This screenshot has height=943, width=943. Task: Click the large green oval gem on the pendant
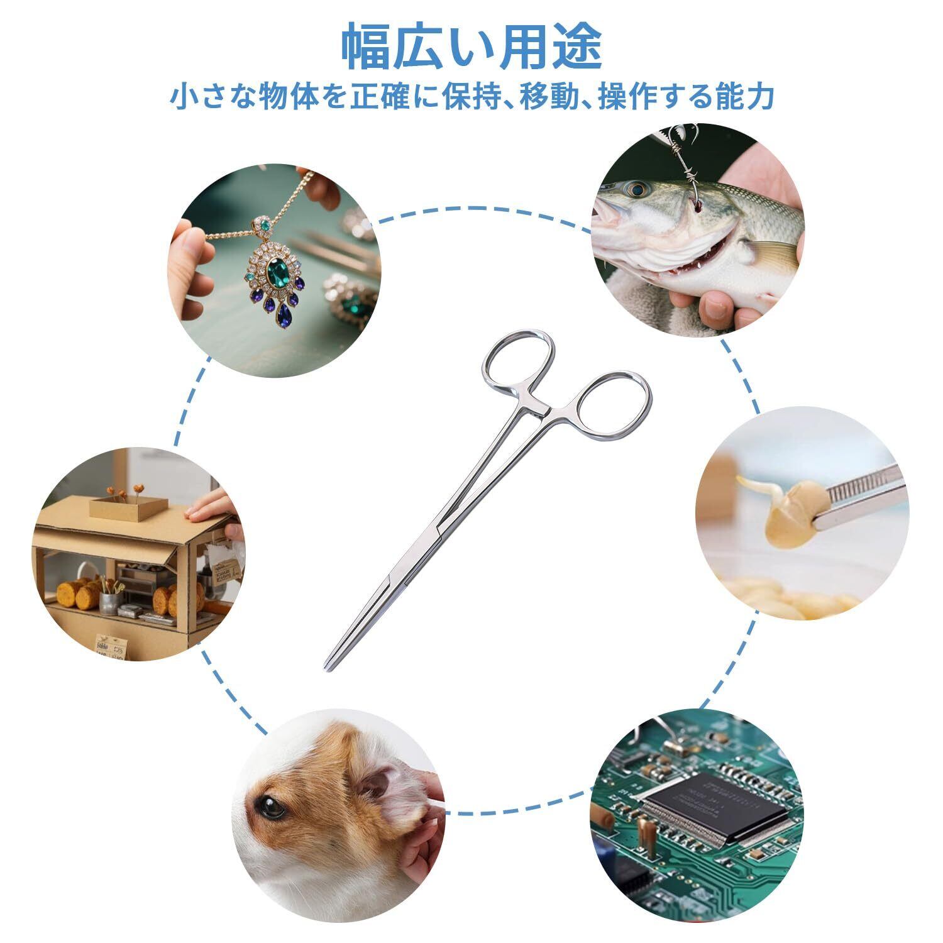tap(275, 275)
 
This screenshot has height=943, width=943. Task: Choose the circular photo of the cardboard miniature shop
tap(139, 554)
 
